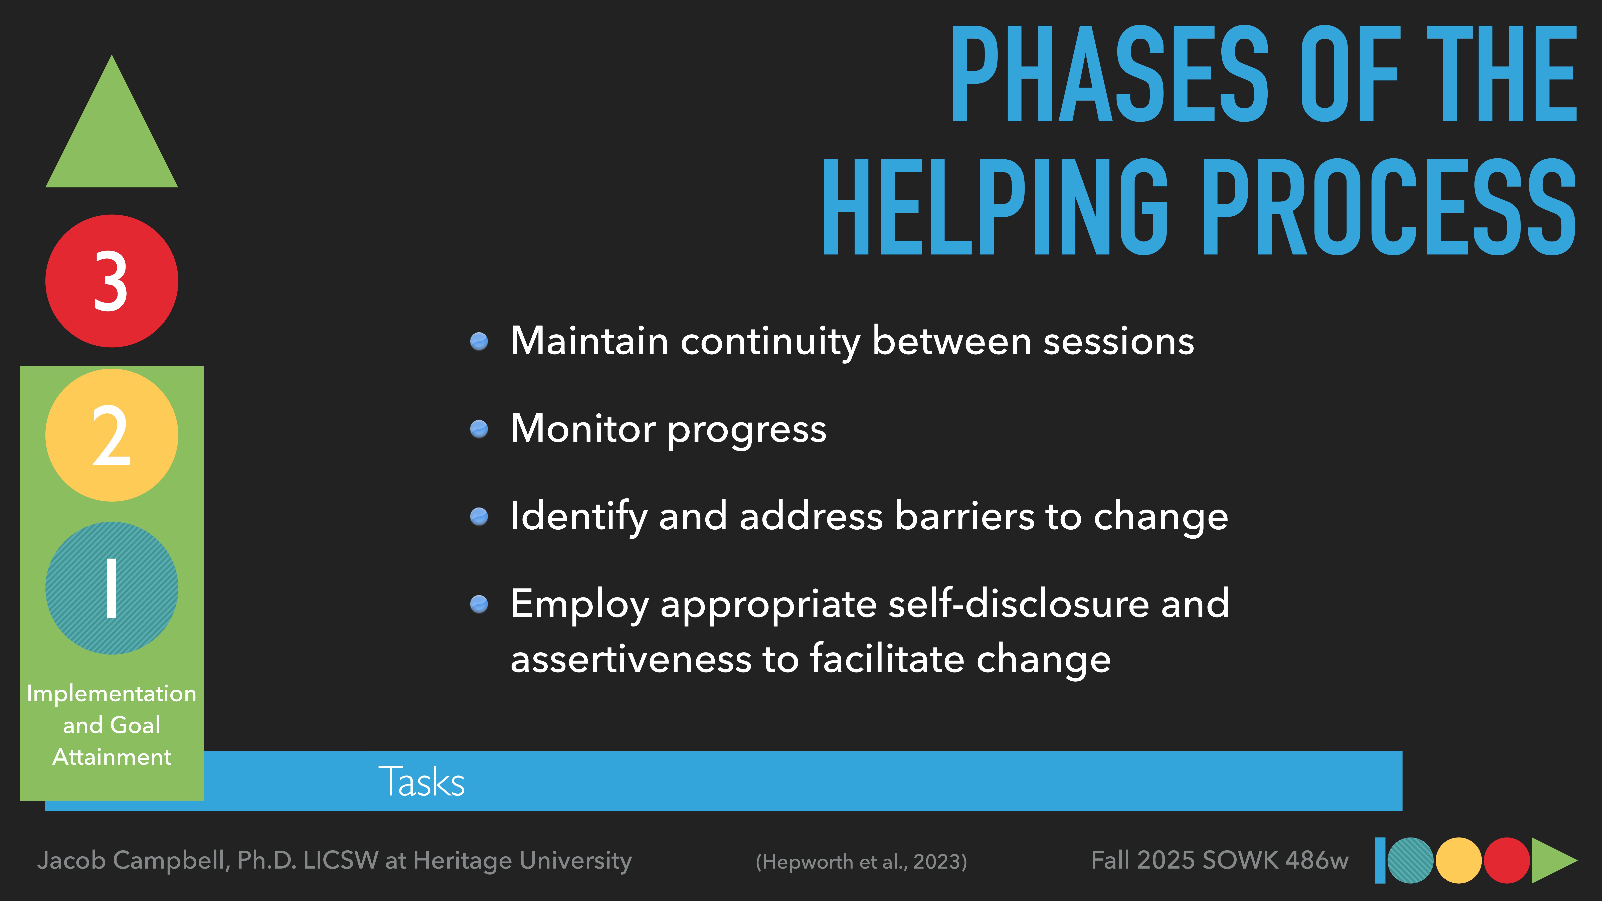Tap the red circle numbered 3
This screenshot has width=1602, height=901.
pyautogui.click(x=112, y=281)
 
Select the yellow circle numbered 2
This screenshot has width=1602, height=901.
pyautogui.click(x=112, y=435)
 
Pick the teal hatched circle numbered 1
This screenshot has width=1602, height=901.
pyautogui.click(x=112, y=588)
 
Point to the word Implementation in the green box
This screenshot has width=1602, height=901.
pyautogui.click(x=112, y=693)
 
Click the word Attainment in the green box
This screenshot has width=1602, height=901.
pyautogui.click(x=112, y=757)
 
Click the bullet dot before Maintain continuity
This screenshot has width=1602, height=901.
pyautogui.click(x=479, y=341)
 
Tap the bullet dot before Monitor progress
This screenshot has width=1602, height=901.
pyautogui.click(x=479, y=429)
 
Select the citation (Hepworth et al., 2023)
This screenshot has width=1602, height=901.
pyautogui.click(x=861, y=861)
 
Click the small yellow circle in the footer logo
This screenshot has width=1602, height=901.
pyautogui.click(x=1458, y=861)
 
